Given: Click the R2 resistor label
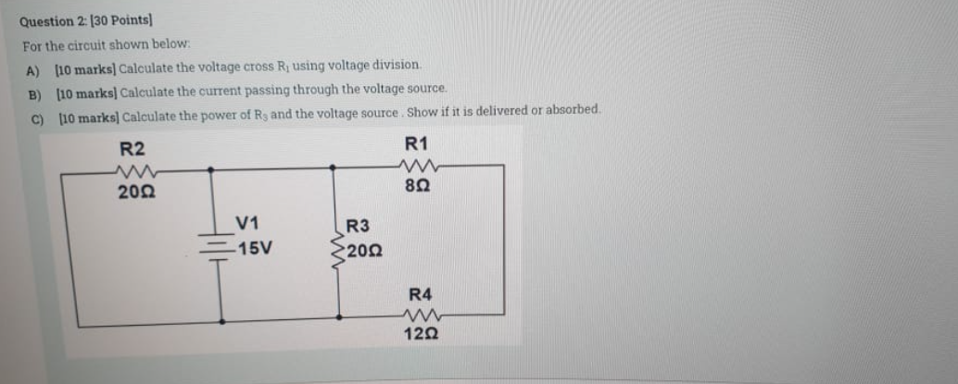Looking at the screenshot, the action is coord(133,149).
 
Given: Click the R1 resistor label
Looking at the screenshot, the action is coord(416,143).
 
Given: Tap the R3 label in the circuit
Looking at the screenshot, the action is coord(358,226).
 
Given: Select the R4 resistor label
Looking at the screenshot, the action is coord(420,294).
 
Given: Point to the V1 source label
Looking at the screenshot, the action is coord(247,223).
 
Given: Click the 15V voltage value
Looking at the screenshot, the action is coord(253,248).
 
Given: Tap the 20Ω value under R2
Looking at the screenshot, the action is coord(135,192).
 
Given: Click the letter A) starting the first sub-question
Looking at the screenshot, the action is coord(34,68).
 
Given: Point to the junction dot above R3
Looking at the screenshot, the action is coord(336,168).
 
